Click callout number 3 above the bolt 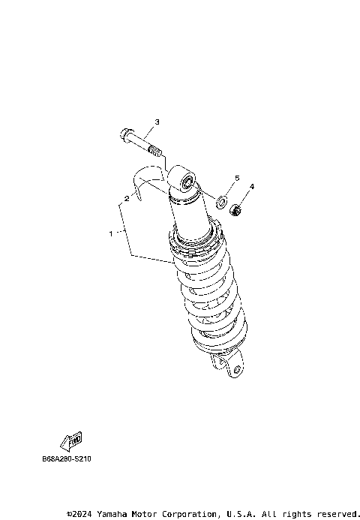pos(157,122)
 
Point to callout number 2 pos(127,199)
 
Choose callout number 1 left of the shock pos(111,233)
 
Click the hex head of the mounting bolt pos(123,136)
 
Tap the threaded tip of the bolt pos(155,154)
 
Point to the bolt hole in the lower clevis pos(235,368)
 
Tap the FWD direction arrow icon pos(71,440)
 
